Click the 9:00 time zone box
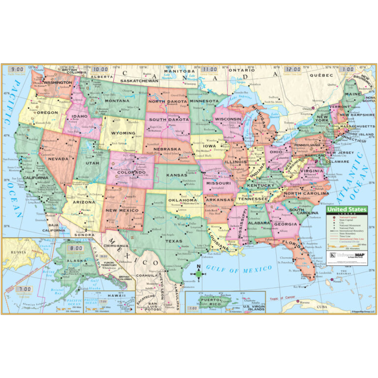pos(18,70)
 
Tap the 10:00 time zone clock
pos(101,70)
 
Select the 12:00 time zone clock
pos(292,70)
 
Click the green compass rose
pos(198,273)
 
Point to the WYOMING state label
pos(125,133)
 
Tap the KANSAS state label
pos(176,176)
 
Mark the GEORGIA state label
pos(285,224)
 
